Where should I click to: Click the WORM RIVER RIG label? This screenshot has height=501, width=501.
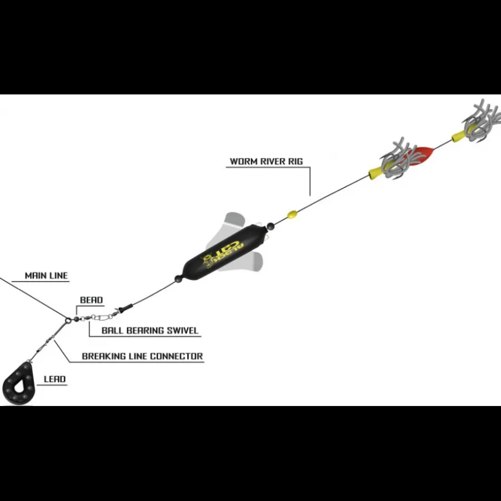coord(266,162)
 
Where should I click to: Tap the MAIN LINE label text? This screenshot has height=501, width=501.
coord(46,275)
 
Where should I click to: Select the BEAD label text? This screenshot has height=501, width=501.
coord(92,300)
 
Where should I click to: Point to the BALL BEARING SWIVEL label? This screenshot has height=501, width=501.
coord(150,330)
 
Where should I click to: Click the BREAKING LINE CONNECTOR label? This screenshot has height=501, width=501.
coord(142,356)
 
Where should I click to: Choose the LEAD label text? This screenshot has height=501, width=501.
coord(54,379)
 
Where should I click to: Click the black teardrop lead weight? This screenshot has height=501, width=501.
coord(18,383)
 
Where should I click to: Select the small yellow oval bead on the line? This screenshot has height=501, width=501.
coord(292,214)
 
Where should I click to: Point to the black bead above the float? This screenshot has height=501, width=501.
coord(270,227)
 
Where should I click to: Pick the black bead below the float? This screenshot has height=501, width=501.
coord(178,279)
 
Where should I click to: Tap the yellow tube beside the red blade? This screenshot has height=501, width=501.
coord(377,173)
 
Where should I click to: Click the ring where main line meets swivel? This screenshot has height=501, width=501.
coord(68,320)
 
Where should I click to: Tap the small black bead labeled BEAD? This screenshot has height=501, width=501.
coord(76,319)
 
